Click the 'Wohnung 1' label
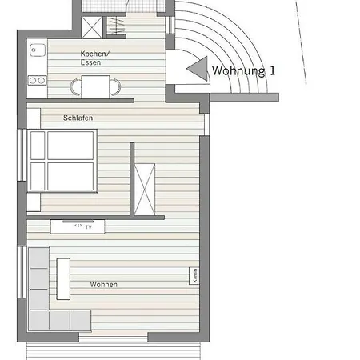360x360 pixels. (x=243, y=71)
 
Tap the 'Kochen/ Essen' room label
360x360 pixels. (x=95, y=58)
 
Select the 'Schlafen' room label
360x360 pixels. (x=78, y=118)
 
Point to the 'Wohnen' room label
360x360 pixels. (x=104, y=285)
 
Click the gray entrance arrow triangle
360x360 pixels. (x=198, y=69)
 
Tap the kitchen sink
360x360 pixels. (x=38, y=50)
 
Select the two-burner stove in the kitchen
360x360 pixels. (x=38, y=80)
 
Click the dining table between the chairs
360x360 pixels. (x=95, y=86)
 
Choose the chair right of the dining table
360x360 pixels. (x=115, y=87)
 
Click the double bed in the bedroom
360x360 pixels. (x=62, y=161)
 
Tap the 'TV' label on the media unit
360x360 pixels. (x=89, y=227)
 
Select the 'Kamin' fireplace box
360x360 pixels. (x=194, y=276)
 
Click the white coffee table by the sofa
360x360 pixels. (x=63, y=279)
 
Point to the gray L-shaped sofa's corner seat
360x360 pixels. (x=38, y=320)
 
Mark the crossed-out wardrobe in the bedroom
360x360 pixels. (x=145, y=190)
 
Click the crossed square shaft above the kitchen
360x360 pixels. (x=92, y=27)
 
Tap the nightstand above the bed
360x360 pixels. (x=34, y=118)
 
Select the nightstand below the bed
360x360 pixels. (x=34, y=202)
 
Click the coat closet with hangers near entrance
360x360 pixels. (x=116, y=26)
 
